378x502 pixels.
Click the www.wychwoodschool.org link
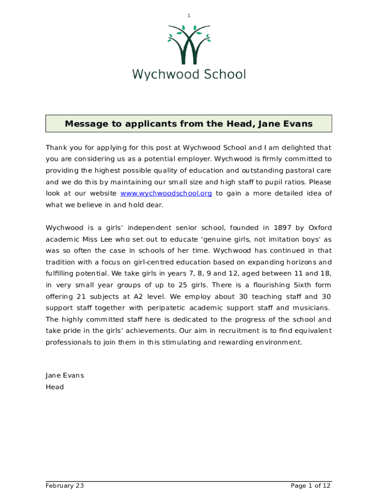click(166, 194)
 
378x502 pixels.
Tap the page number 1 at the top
click(189, 16)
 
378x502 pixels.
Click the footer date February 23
click(65, 486)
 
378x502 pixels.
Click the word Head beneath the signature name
click(54, 387)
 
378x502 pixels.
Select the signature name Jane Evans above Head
click(65, 376)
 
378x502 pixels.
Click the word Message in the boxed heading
click(86, 124)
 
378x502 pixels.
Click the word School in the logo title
click(224, 75)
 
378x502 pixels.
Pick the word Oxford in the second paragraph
click(320, 227)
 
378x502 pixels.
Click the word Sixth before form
click(304, 285)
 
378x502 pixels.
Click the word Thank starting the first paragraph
click(56, 148)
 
